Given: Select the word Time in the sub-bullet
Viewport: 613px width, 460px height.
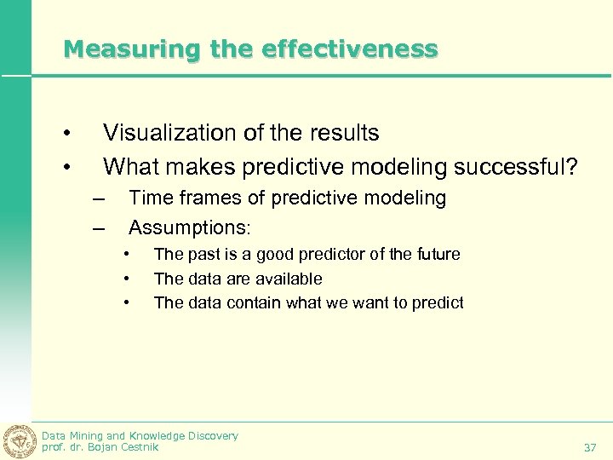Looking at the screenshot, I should pos(150,198).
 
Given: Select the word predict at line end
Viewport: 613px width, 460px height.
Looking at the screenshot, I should pos(439,302).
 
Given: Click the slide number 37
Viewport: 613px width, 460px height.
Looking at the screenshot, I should pos(589,447).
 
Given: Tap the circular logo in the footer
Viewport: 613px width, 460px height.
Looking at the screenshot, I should pos(18,440).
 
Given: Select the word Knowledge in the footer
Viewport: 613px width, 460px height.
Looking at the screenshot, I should pos(160,435).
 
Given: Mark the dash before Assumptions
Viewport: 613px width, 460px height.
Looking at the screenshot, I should pos(99,227).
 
